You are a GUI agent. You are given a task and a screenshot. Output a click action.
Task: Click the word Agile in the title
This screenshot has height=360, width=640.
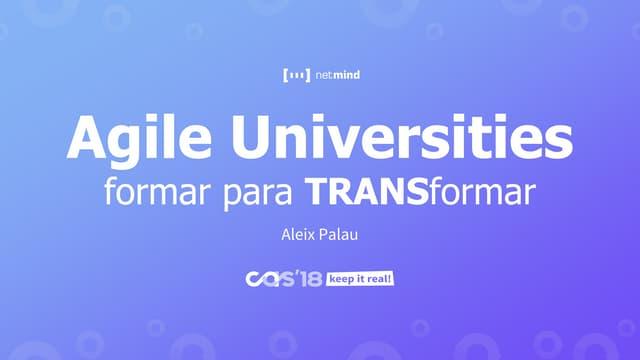(x=139, y=140)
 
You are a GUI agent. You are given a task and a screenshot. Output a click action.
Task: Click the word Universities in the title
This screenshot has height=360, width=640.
(x=402, y=137)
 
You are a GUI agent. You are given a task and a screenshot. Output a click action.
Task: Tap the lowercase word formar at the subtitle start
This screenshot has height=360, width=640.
(x=157, y=191)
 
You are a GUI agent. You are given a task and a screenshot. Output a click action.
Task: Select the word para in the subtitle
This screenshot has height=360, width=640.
(x=258, y=194)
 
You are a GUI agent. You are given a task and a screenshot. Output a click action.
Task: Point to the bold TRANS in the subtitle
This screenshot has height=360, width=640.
(x=367, y=191)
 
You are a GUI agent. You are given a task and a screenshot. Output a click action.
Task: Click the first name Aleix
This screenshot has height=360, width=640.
(x=298, y=235)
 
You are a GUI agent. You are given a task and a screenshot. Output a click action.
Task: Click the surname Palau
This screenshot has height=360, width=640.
(x=338, y=235)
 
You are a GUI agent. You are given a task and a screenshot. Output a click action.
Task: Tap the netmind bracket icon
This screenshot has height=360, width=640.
(x=296, y=75)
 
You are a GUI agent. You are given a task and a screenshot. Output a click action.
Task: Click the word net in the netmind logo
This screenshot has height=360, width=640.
(x=324, y=75)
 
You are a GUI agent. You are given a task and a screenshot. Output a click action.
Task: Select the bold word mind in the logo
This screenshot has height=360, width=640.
(x=347, y=75)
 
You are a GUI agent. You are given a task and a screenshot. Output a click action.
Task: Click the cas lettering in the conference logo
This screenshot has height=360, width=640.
(x=270, y=279)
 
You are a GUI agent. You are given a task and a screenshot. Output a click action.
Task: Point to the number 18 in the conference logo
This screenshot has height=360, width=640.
(x=311, y=279)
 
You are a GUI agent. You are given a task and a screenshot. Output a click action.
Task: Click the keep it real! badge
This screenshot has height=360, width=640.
(x=360, y=279)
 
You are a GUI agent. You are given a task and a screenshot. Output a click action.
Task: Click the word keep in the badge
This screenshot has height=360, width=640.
(x=340, y=280)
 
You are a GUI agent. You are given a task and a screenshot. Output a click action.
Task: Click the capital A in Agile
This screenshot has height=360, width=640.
(x=87, y=138)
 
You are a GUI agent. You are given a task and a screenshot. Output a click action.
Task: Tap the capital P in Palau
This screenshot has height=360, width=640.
(x=322, y=235)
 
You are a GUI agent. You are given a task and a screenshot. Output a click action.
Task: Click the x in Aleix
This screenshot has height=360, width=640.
(x=311, y=237)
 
